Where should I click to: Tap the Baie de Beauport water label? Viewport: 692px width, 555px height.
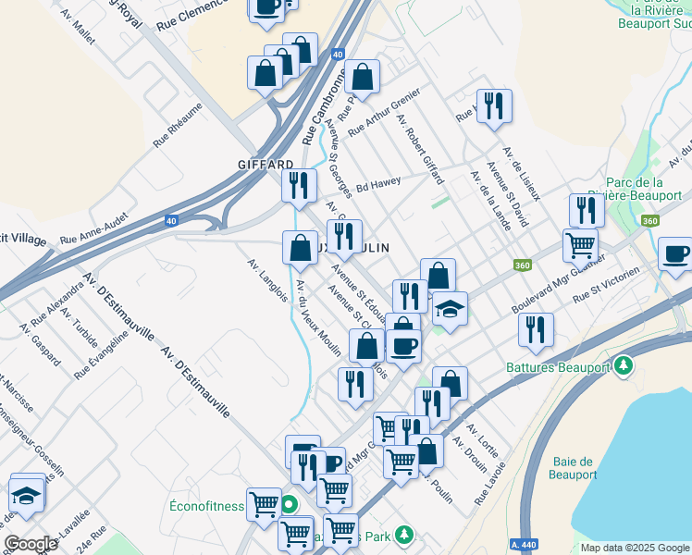coord(573,468)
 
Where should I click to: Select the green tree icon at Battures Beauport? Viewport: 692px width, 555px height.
coord(624,365)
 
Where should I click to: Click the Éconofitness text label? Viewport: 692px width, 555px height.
coord(207,506)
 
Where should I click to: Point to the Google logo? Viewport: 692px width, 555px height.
coord(31,543)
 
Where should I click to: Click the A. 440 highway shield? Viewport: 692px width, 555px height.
coord(525,547)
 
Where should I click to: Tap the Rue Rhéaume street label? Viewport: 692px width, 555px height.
coord(178,124)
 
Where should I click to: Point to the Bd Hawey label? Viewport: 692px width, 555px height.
coord(378,182)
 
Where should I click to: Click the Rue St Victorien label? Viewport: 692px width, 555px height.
coord(606,286)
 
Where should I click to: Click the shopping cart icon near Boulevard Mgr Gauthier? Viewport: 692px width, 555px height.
coord(579,246)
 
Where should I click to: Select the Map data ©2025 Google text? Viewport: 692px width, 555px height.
coord(635,548)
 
